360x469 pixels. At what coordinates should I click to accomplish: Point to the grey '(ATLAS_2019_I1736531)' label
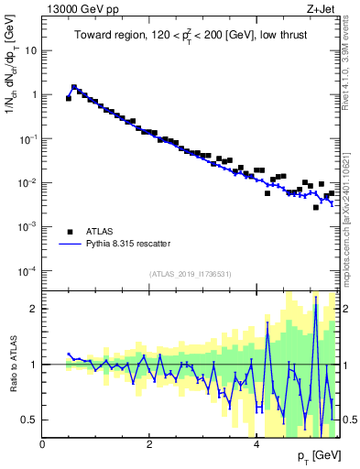point(191,274)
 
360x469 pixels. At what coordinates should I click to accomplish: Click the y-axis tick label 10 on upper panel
point(29,50)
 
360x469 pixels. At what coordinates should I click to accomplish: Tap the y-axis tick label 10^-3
point(27,226)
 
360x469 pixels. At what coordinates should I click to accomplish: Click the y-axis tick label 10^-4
point(27,270)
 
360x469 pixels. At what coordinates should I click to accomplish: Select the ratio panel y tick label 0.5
point(31,420)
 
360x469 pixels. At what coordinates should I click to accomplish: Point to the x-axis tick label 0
point(43,444)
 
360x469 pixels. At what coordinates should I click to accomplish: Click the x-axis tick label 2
point(149,444)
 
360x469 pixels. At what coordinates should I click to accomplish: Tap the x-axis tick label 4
point(256,444)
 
